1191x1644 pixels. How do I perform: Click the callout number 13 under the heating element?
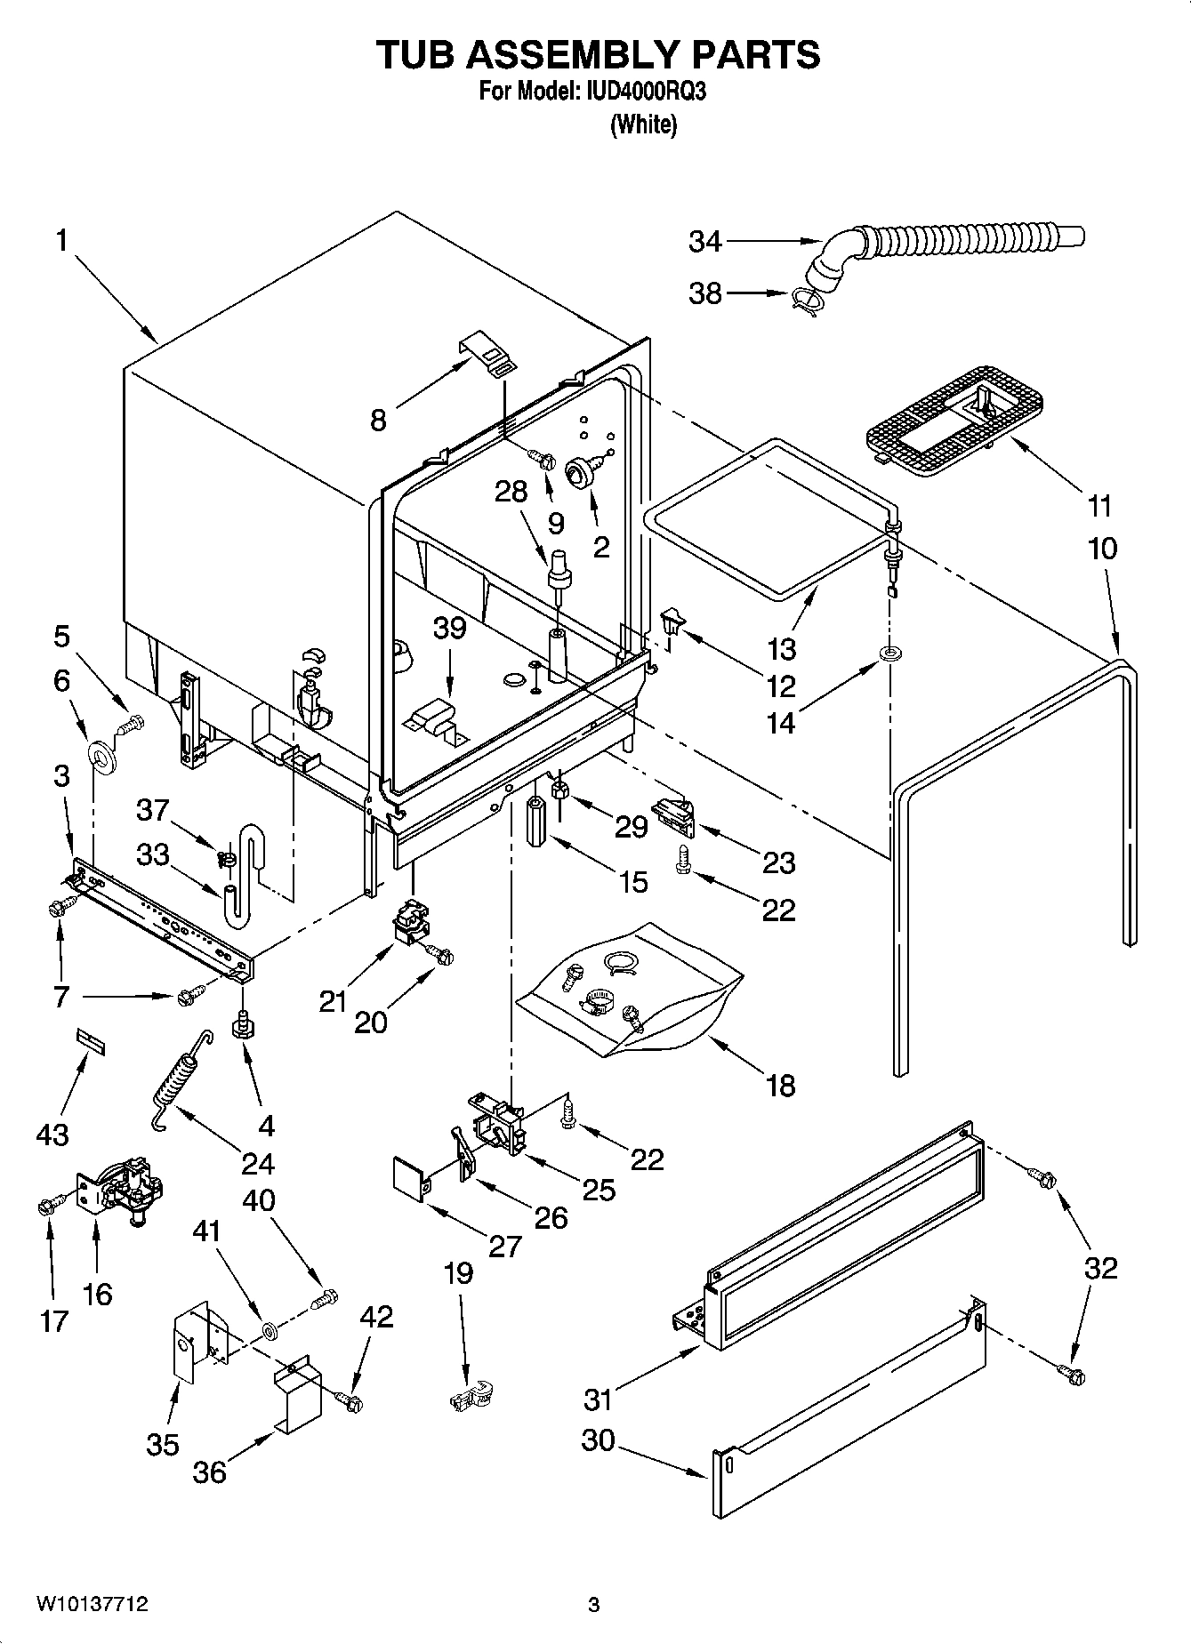tap(781, 649)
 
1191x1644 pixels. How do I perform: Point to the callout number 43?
tap(52, 1134)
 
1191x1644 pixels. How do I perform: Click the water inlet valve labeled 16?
tap(121, 1190)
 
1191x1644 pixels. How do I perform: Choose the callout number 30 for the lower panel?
tap(598, 1439)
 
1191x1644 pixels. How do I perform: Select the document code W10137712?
tap(92, 1605)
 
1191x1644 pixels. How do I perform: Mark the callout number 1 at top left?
tap(61, 240)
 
